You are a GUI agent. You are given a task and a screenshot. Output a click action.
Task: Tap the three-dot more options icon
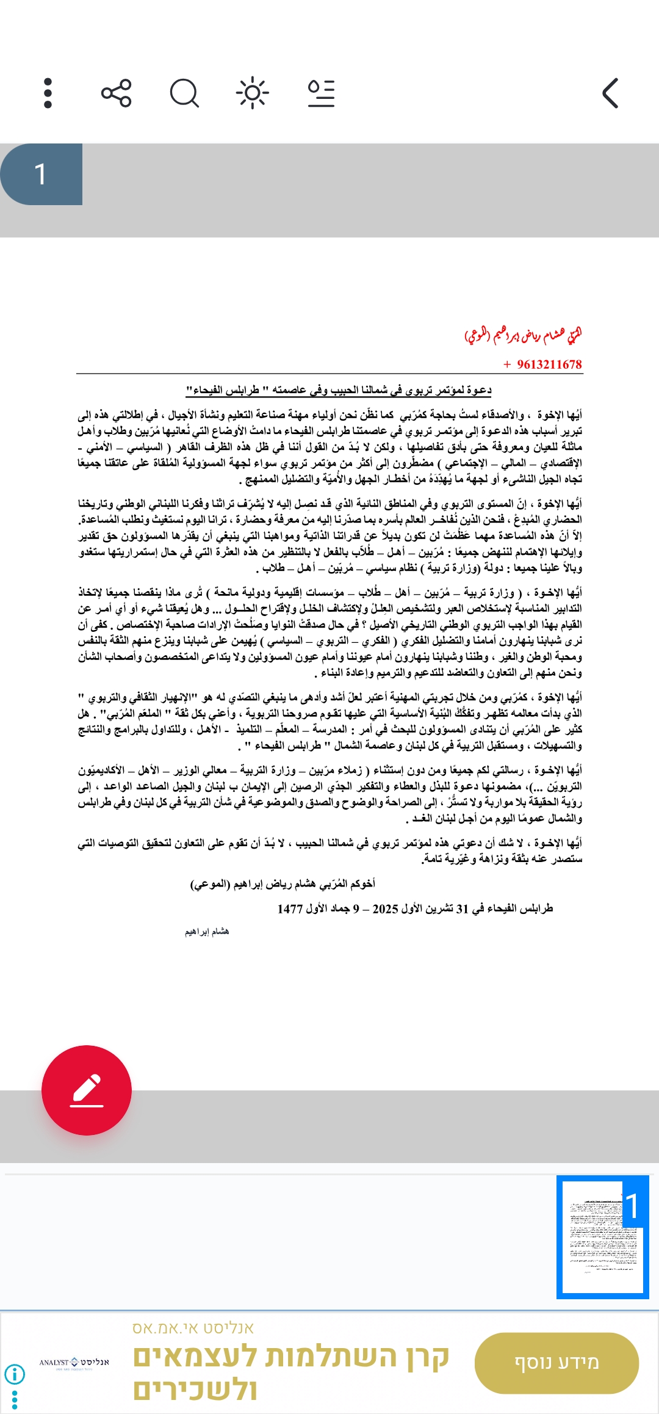click(x=48, y=93)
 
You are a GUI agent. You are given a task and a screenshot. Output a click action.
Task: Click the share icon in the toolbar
click(x=116, y=93)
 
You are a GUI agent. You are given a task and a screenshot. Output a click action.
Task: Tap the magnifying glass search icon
click(x=184, y=93)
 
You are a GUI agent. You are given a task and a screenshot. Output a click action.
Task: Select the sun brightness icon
click(x=252, y=93)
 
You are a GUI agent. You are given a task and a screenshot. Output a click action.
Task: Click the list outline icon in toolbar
click(x=321, y=93)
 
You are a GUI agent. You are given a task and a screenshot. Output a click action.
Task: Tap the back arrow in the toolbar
click(x=610, y=93)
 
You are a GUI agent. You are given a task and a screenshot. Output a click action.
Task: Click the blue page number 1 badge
click(x=41, y=174)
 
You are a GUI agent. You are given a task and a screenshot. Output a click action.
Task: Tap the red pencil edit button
click(x=87, y=1090)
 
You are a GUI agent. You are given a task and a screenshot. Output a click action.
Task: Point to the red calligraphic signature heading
click(x=523, y=335)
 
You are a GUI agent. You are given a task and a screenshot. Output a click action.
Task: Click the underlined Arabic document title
click(x=339, y=390)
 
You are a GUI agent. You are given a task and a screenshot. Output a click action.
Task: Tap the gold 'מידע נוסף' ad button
click(x=556, y=1363)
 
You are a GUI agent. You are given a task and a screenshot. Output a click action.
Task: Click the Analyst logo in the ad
click(x=74, y=1363)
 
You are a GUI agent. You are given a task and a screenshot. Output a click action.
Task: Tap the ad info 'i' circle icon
click(x=15, y=1374)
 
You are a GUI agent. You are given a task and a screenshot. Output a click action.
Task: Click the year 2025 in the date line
click(x=385, y=908)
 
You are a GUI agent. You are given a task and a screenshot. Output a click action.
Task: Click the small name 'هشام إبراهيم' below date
click(x=207, y=932)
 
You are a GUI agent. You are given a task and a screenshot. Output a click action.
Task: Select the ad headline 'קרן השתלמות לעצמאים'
click(x=292, y=1357)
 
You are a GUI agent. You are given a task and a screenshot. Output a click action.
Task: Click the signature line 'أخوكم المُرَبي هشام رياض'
click(x=283, y=884)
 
